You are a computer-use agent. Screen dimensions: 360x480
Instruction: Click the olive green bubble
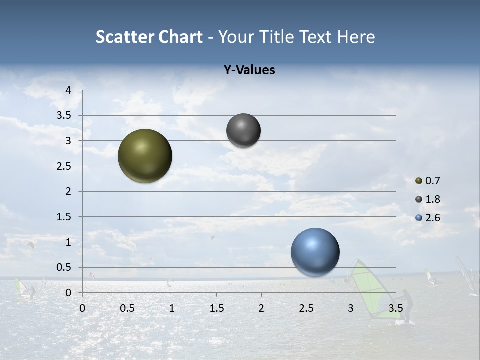coord(145,156)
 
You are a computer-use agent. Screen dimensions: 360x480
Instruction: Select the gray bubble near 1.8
coord(243,130)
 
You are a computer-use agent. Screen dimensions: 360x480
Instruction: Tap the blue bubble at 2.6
coord(315,252)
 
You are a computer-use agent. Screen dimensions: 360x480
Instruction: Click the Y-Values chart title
coord(249,70)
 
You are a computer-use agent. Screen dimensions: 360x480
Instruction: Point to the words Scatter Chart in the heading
coord(149,37)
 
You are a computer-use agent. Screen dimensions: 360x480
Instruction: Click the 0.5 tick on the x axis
coord(127,308)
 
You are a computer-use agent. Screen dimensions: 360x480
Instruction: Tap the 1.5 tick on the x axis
coord(216,308)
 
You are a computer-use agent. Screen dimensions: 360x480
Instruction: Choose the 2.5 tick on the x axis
coord(306,308)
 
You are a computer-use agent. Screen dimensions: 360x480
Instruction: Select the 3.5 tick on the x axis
coord(395,308)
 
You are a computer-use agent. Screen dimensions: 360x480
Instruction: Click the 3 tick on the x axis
coord(351,308)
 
